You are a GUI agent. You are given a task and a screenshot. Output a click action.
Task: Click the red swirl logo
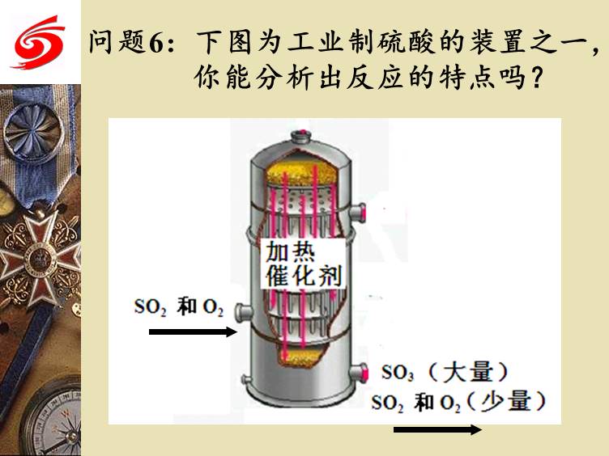coord(39,42)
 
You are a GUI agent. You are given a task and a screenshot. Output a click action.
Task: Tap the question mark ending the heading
coord(536,77)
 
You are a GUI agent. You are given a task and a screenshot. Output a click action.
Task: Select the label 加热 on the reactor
coord(291,252)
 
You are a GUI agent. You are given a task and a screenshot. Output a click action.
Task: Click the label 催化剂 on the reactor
coord(304,276)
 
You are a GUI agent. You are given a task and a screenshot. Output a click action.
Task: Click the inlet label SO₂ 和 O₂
coord(179,307)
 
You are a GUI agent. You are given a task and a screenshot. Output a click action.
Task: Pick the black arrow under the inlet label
coord(193,332)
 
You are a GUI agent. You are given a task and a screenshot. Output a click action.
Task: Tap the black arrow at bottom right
coord(437,429)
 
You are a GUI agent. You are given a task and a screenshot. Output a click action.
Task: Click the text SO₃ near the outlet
coord(398,372)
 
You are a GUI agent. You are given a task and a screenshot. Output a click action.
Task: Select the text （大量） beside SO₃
coord(469,371)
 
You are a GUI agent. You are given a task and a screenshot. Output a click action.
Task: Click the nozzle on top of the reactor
coord(301,137)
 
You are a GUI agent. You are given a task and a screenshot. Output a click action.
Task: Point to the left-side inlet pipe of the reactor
coord(243,311)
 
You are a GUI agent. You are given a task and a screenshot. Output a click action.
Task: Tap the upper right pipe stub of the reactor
coord(358,213)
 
